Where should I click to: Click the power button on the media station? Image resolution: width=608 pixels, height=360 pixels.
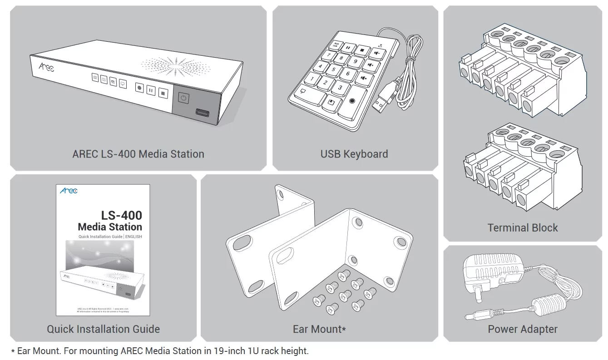click(183, 99)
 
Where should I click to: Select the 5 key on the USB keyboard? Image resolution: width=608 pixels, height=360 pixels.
click(334, 69)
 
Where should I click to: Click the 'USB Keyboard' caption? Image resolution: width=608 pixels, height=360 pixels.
click(354, 154)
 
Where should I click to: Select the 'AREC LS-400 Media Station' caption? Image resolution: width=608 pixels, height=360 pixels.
click(138, 154)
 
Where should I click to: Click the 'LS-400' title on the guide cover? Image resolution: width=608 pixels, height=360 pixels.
click(122, 215)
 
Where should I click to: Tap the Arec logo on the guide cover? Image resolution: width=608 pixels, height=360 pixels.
click(69, 191)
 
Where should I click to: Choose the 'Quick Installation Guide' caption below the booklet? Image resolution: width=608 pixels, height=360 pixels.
click(103, 329)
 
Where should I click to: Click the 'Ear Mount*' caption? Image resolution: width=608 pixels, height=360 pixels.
click(319, 329)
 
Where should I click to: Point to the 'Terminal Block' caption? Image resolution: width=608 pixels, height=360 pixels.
click(523, 227)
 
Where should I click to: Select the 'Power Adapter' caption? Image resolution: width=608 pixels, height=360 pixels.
click(523, 329)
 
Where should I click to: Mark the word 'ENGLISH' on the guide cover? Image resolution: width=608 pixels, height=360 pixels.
click(133, 237)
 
